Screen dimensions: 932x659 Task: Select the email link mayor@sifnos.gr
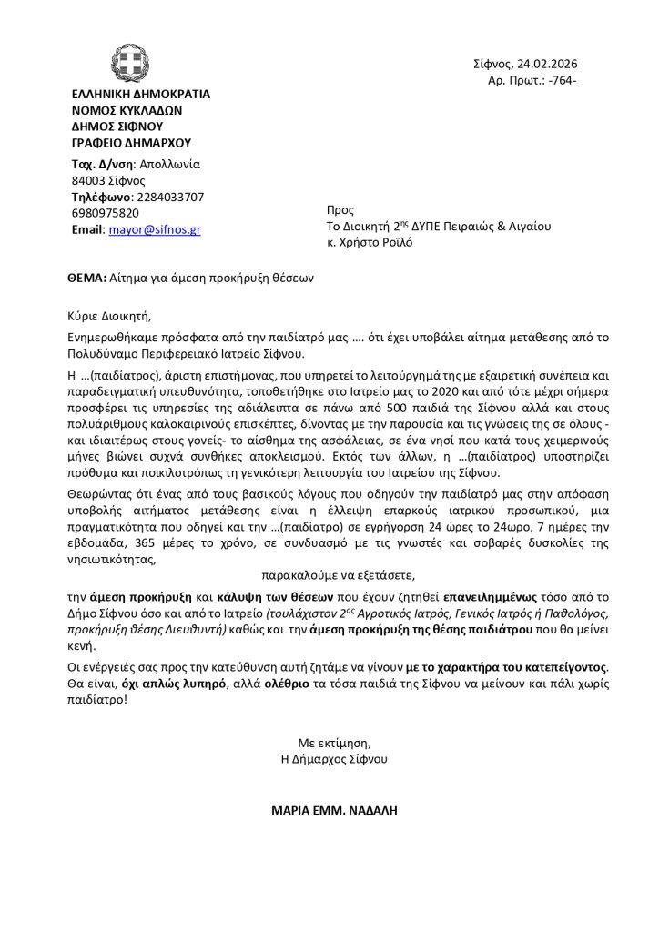point(155,229)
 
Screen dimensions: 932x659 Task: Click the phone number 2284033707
point(168,197)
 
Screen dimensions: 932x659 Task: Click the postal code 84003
point(89,180)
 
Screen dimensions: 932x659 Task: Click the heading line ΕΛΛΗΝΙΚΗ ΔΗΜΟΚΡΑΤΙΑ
point(140,94)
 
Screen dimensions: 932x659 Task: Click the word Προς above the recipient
point(340,210)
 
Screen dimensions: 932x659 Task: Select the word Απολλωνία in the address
point(168,164)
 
